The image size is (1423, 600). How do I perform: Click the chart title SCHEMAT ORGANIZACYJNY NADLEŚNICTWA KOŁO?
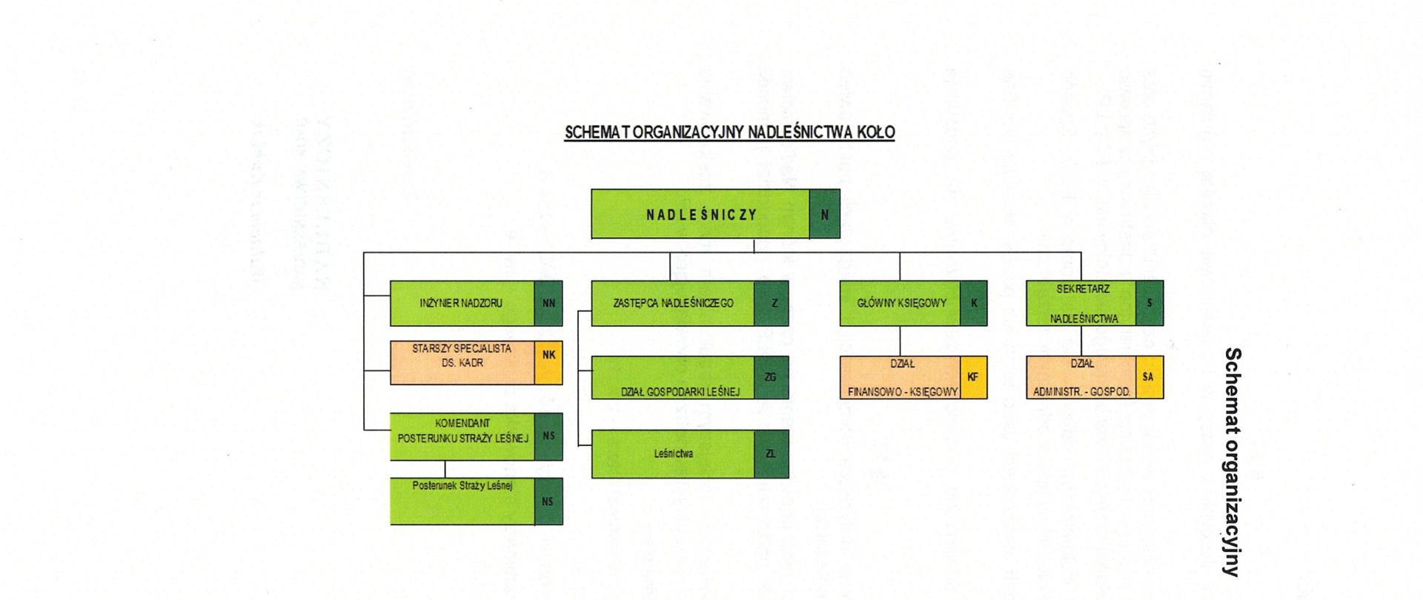click(729, 133)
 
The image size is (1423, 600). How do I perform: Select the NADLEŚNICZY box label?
click(700, 215)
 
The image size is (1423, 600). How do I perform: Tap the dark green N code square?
click(824, 215)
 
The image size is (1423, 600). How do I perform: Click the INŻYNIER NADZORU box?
click(462, 303)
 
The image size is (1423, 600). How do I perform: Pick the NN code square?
click(548, 303)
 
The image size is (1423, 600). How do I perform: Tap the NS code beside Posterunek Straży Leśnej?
click(548, 501)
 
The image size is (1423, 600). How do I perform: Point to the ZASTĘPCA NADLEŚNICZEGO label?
click(673, 303)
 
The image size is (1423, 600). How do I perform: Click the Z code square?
click(772, 303)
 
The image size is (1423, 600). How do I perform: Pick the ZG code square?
click(771, 377)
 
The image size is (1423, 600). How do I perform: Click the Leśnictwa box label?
click(673, 454)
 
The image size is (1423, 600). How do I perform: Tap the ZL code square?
click(771, 454)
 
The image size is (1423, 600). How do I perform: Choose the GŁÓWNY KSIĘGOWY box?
click(900, 303)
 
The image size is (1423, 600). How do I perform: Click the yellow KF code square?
click(973, 377)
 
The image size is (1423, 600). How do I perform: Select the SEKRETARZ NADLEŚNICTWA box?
click(1082, 303)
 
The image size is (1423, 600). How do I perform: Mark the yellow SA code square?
click(1148, 377)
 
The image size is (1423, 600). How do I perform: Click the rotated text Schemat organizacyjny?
click(1232, 461)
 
